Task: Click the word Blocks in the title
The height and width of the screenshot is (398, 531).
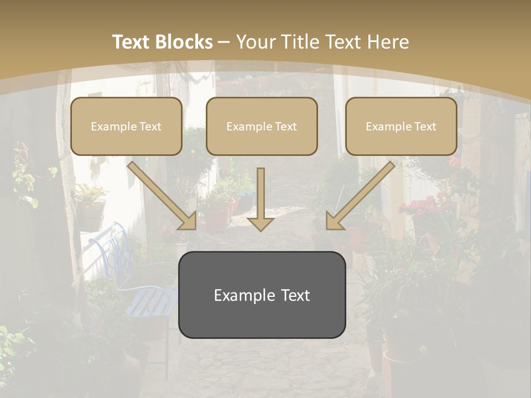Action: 185,42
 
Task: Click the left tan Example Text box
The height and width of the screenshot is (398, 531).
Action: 126,127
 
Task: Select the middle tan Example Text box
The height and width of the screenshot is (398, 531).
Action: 262,127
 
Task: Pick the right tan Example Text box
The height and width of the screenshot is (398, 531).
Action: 401,127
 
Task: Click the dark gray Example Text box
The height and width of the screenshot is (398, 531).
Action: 262,295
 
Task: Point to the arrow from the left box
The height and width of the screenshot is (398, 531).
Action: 163,196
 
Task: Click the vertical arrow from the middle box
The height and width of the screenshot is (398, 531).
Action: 261,199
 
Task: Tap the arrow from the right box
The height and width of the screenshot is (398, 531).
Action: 360,196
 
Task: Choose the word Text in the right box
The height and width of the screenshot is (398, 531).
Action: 425,127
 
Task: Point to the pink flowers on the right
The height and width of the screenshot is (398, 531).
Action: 420,207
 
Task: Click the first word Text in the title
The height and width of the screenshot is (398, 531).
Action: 132,42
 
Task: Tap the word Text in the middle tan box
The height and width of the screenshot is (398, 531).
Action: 285,127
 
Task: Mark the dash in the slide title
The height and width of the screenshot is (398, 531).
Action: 224,42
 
